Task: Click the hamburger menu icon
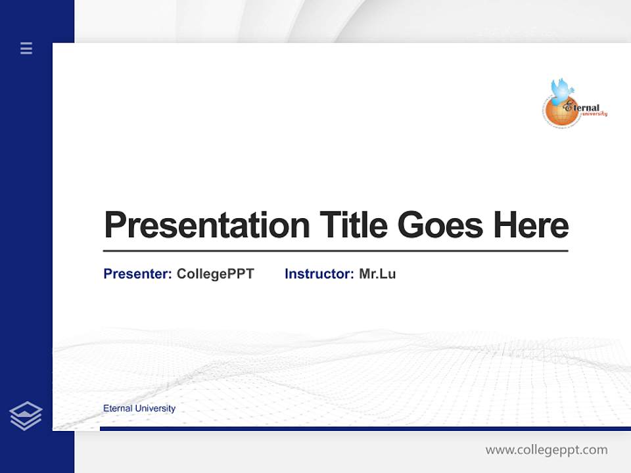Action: pyautogui.click(x=26, y=48)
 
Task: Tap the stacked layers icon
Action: pyautogui.click(x=26, y=416)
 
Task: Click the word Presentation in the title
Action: pyautogui.click(x=206, y=225)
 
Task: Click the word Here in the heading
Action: pyautogui.click(x=530, y=225)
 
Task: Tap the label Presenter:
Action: pyautogui.click(x=137, y=274)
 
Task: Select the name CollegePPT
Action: pyautogui.click(x=215, y=274)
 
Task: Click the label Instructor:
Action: pyautogui.click(x=319, y=274)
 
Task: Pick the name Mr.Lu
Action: pyautogui.click(x=377, y=274)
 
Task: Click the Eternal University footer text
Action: pyautogui.click(x=139, y=409)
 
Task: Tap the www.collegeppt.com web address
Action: pyautogui.click(x=546, y=450)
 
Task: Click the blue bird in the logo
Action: pyautogui.click(x=562, y=91)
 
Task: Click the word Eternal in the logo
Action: pyautogui.click(x=586, y=108)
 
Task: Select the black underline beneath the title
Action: pyautogui.click(x=335, y=250)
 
